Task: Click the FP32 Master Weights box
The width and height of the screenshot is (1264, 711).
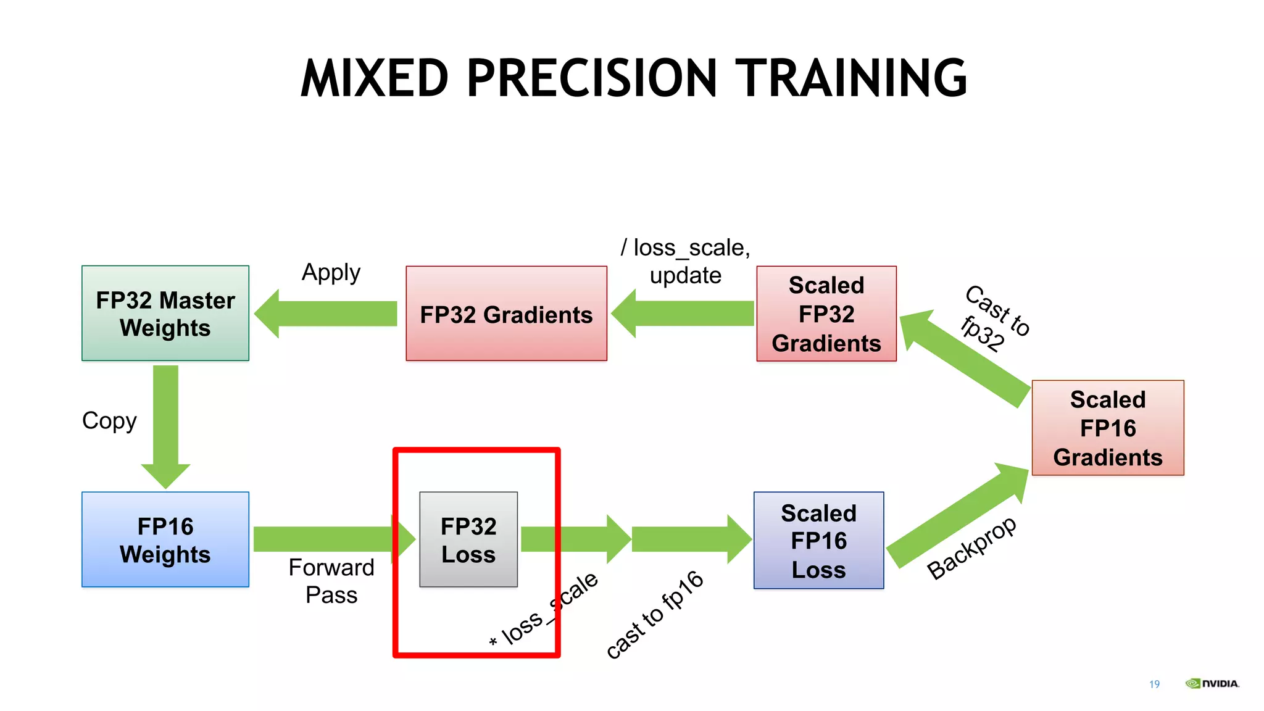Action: click(x=165, y=314)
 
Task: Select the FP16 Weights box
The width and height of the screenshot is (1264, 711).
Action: click(x=165, y=539)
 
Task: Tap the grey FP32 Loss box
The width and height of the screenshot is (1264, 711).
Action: click(x=468, y=539)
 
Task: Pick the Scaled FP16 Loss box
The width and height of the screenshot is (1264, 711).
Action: click(x=818, y=541)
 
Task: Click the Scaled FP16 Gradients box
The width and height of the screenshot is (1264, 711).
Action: click(x=1108, y=428)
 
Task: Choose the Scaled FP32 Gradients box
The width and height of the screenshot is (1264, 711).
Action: click(x=826, y=314)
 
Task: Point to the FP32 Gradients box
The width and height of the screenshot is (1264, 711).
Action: click(x=506, y=314)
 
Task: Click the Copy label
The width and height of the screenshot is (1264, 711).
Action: click(x=109, y=421)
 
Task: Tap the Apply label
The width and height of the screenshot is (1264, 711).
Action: click(x=331, y=272)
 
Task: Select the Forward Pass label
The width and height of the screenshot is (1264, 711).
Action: click(x=331, y=581)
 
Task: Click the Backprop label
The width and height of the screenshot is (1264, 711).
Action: click(x=972, y=547)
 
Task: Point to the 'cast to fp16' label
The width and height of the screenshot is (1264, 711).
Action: click(x=655, y=614)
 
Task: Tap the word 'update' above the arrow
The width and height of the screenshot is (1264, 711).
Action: click(x=685, y=275)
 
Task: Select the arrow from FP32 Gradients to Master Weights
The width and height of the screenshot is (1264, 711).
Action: click(x=327, y=314)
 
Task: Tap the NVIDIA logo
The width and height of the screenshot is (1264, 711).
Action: click(x=1212, y=683)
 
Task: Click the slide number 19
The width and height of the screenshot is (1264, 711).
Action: click(x=1154, y=684)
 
